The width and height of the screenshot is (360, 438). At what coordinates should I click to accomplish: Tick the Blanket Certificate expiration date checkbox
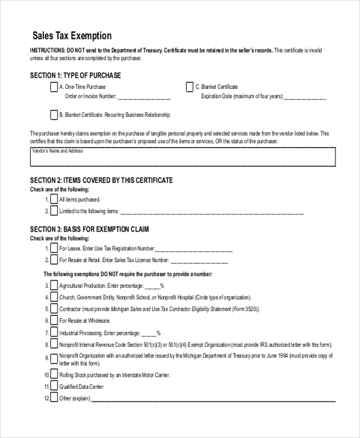coord(190,87)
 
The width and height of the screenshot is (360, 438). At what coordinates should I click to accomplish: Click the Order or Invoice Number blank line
coord(143,96)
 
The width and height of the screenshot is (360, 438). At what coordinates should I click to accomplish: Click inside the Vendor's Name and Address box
coord(182,160)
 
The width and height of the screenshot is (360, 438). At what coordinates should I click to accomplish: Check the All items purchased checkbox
coord(54,199)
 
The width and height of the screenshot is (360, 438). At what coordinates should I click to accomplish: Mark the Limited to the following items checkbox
coord(54,211)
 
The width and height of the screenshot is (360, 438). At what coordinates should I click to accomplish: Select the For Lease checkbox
coord(54,248)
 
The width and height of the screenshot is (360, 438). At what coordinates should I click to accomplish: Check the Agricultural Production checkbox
coord(54,286)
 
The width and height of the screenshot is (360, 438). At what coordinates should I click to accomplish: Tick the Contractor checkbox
coord(54,308)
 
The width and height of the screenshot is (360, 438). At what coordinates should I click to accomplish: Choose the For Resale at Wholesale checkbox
coord(54,320)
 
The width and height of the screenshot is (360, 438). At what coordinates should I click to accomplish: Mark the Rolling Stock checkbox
coord(54,375)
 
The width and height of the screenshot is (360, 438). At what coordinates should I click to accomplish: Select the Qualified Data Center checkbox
coord(54,386)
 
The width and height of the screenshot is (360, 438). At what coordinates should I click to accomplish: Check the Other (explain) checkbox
coord(54,398)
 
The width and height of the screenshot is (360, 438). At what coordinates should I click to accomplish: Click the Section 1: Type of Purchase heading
coord(76,76)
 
